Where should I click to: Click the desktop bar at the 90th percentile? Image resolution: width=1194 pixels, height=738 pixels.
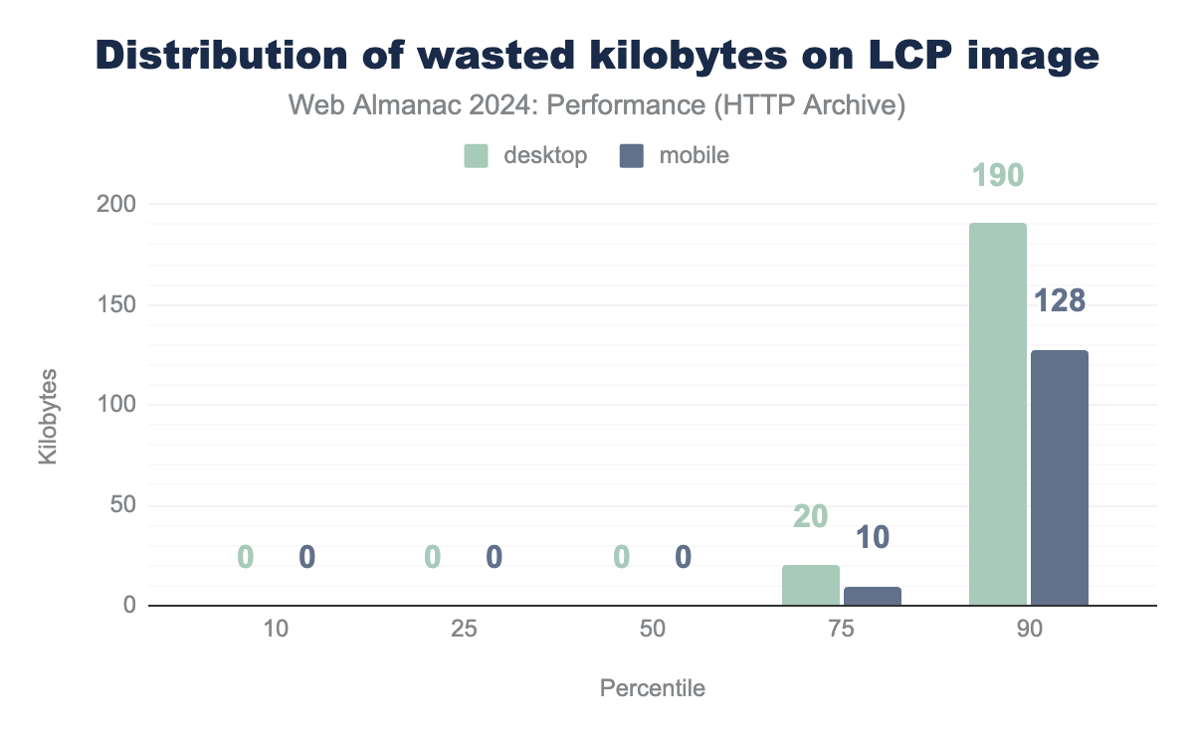click(x=998, y=414)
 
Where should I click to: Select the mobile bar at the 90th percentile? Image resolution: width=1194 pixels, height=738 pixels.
click(x=1060, y=477)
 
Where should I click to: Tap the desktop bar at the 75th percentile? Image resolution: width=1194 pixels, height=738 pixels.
click(x=811, y=585)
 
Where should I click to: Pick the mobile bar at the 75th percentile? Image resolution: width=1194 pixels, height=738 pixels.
click(x=873, y=596)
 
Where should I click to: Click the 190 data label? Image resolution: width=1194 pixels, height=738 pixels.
click(x=998, y=176)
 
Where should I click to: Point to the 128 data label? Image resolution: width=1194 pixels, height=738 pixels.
click(x=1060, y=300)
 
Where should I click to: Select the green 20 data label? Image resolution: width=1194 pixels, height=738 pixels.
click(x=811, y=516)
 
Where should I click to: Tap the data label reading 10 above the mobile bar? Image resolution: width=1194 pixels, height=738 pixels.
click(x=873, y=538)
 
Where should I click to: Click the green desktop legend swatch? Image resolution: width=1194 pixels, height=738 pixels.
click(x=477, y=155)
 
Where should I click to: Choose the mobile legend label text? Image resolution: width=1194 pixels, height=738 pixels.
click(x=695, y=155)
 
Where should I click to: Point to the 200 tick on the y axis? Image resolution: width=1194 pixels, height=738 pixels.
click(x=116, y=204)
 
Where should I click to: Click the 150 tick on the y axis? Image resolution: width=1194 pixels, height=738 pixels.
click(x=116, y=304)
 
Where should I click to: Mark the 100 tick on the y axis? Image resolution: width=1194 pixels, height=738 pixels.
click(x=116, y=405)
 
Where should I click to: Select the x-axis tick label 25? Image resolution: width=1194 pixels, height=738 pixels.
click(x=464, y=630)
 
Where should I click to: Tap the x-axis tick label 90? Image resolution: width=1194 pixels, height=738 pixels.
click(x=1029, y=630)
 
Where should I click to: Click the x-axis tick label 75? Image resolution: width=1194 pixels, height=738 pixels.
click(x=841, y=630)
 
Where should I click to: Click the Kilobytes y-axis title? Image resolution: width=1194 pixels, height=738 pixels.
click(x=48, y=416)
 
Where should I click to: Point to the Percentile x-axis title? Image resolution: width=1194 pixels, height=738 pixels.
click(x=653, y=688)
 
